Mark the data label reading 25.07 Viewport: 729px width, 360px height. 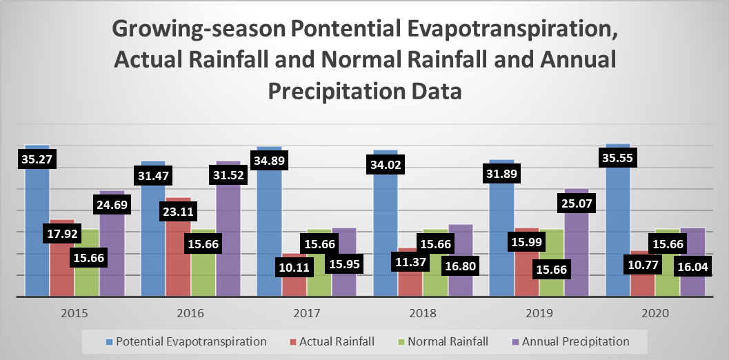click(x=576, y=204)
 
